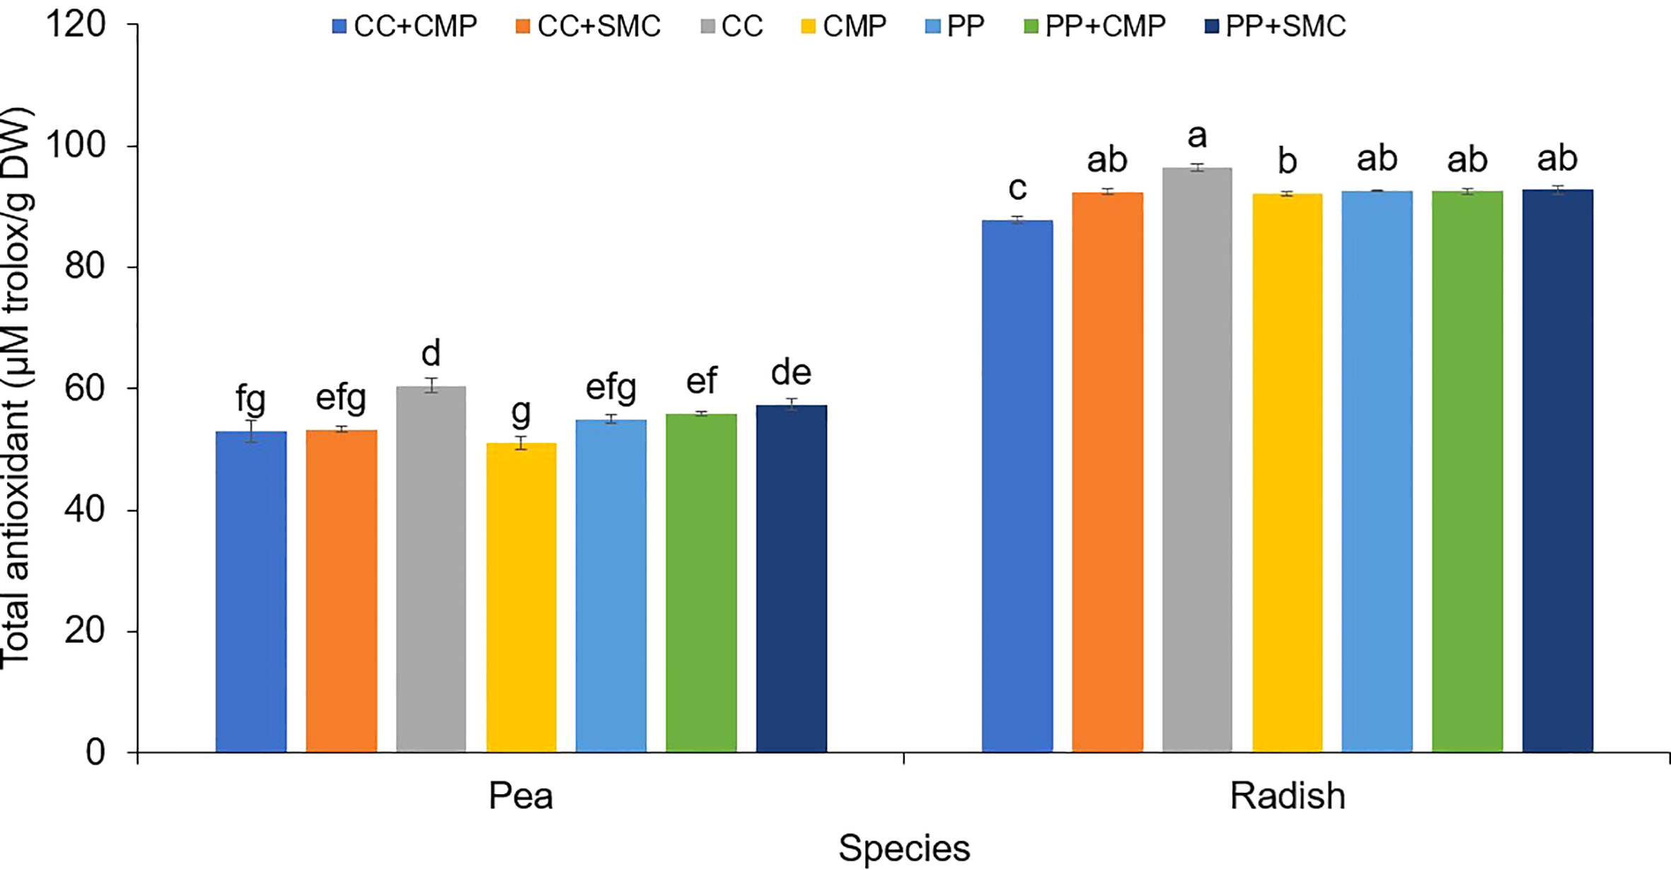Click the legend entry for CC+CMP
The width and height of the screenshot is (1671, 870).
tap(405, 26)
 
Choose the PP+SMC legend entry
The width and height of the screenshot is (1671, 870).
tap(1275, 26)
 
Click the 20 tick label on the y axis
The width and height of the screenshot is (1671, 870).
tap(85, 631)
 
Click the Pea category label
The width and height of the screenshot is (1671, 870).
tap(521, 796)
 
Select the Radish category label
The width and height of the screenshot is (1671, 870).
tap(1287, 796)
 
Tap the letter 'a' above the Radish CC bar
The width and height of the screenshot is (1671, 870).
tap(1197, 136)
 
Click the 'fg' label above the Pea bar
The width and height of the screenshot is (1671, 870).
tap(250, 400)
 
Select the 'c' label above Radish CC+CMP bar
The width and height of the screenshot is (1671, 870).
tap(1017, 188)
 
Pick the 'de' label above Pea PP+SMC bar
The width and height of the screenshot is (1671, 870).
tap(791, 373)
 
